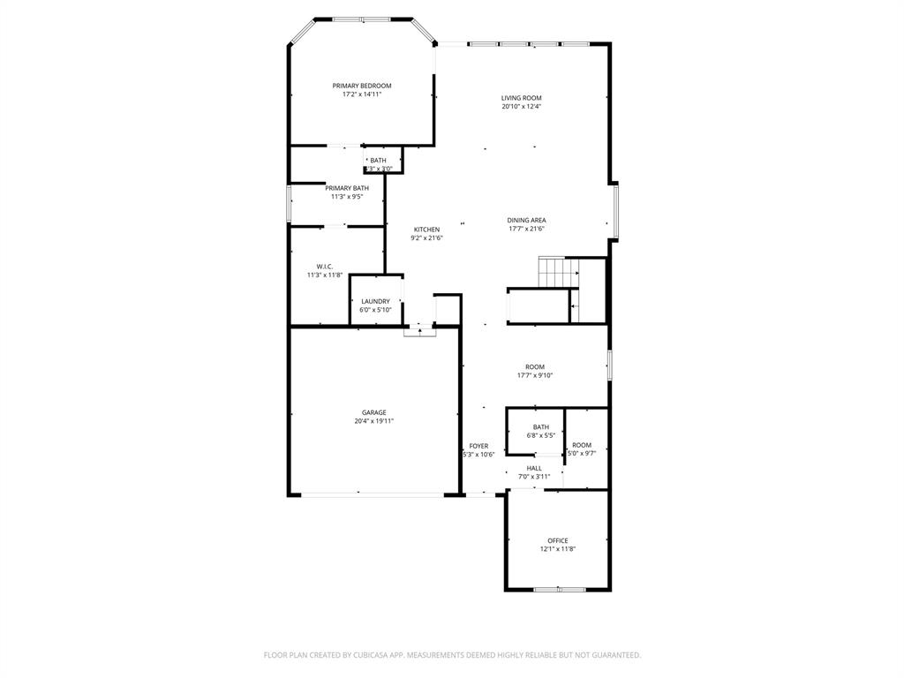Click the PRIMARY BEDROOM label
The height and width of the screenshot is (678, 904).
(x=361, y=86)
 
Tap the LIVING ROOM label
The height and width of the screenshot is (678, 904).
(x=521, y=98)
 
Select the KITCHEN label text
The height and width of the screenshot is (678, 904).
(x=426, y=230)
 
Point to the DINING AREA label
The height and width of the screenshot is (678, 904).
(x=526, y=220)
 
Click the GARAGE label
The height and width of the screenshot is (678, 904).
(x=373, y=412)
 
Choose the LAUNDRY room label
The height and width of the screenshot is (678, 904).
(x=375, y=301)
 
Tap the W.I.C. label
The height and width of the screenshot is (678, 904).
(x=324, y=266)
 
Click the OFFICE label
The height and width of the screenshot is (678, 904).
(x=557, y=540)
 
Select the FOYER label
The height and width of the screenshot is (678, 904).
(x=478, y=446)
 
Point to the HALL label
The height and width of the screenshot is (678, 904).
(x=534, y=468)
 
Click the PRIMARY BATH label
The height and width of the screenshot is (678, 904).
(x=347, y=188)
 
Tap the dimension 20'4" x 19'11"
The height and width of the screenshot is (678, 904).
(x=373, y=421)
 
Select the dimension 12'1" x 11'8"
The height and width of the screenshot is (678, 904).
(x=557, y=549)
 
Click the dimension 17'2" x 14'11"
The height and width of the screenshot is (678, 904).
(x=361, y=94)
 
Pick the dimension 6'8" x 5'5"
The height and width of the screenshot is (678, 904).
(x=540, y=435)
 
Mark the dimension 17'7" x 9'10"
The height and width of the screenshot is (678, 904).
(x=535, y=375)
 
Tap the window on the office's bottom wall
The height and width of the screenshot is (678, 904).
(x=560, y=589)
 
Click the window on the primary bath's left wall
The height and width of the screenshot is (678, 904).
(x=289, y=203)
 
